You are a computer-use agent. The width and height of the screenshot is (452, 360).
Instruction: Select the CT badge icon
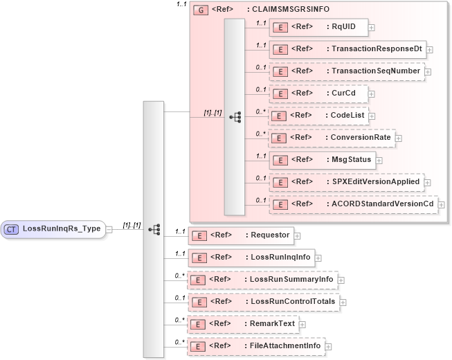point(12,228)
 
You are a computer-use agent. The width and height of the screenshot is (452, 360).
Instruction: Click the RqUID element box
point(318,27)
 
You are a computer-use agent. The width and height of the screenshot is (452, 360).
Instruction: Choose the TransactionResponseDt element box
point(346,49)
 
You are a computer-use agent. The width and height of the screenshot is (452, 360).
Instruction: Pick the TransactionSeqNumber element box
point(346,71)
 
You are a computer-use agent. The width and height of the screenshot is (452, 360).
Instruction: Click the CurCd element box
point(318,93)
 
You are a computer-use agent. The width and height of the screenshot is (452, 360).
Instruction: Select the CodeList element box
point(318,116)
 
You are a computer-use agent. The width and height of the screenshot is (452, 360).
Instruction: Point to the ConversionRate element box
point(332,138)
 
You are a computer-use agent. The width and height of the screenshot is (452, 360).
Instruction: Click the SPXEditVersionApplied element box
point(346,182)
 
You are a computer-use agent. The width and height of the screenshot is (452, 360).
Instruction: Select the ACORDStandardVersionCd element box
point(353,204)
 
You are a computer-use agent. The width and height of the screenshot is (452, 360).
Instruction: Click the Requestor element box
point(241,235)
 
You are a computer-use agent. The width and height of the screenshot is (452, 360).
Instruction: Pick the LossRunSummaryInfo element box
point(262,280)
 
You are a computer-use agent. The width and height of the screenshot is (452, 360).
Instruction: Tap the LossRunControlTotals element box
point(262,302)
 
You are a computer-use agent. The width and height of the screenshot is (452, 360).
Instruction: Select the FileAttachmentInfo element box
point(256,346)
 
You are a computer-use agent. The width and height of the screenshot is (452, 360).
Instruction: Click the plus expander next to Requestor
point(298,235)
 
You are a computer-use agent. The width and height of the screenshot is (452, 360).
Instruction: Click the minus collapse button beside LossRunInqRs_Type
point(109,229)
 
